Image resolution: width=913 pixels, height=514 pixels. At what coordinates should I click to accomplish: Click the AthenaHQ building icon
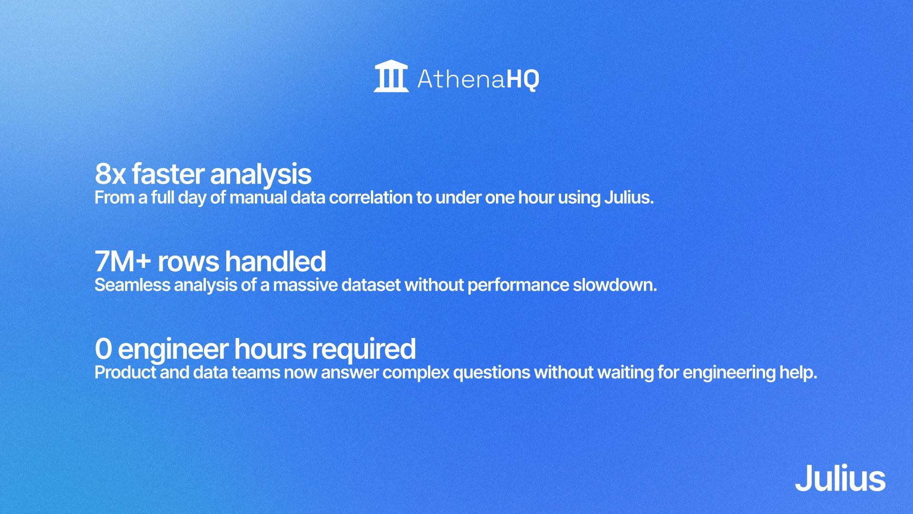click(391, 76)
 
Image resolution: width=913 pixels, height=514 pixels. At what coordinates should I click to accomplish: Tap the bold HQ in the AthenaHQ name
click(523, 79)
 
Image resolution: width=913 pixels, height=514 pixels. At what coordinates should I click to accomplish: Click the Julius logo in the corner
click(840, 478)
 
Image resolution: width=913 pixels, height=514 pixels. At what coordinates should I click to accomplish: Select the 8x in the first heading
click(110, 174)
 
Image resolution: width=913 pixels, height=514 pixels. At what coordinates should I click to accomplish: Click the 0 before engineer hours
click(103, 349)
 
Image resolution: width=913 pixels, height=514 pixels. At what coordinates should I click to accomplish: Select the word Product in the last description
click(125, 373)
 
